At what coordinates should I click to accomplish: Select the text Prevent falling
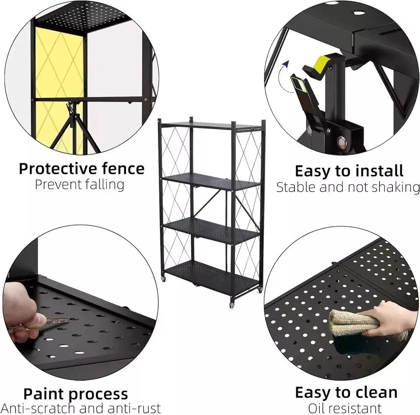tap(80, 184)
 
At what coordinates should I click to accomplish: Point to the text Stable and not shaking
tap(348, 187)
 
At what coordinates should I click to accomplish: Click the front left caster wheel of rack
tap(163, 279)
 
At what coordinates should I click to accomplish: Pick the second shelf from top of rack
tap(211, 180)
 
